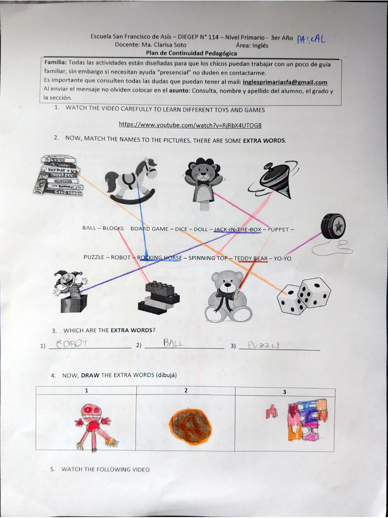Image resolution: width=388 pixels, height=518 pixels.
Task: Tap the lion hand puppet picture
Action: pyautogui.click(x=203, y=182)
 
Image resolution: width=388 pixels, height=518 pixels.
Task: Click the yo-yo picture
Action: pyautogui.click(x=332, y=227)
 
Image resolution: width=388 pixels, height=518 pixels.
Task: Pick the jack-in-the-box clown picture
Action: pyautogui.click(x=70, y=290)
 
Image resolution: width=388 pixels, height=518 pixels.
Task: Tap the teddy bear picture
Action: pyautogui.click(x=227, y=296)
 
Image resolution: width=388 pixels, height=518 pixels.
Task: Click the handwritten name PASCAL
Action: pyautogui.click(x=311, y=39)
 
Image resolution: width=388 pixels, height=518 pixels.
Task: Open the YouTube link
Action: pyautogui.click(x=190, y=124)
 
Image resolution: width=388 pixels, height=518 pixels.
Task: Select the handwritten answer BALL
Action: pyautogui.click(x=173, y=343)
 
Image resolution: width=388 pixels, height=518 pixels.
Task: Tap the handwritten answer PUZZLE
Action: pyautogui.click(x=264, y=346)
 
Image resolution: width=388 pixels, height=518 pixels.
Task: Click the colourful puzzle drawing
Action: pyautogui.click(x=307, y=419)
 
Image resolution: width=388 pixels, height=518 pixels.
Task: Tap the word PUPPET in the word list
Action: pyautogui.click(x=278, y=230)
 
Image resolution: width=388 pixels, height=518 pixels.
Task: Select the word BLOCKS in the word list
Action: pyautogui.click(x=113, y=229)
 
